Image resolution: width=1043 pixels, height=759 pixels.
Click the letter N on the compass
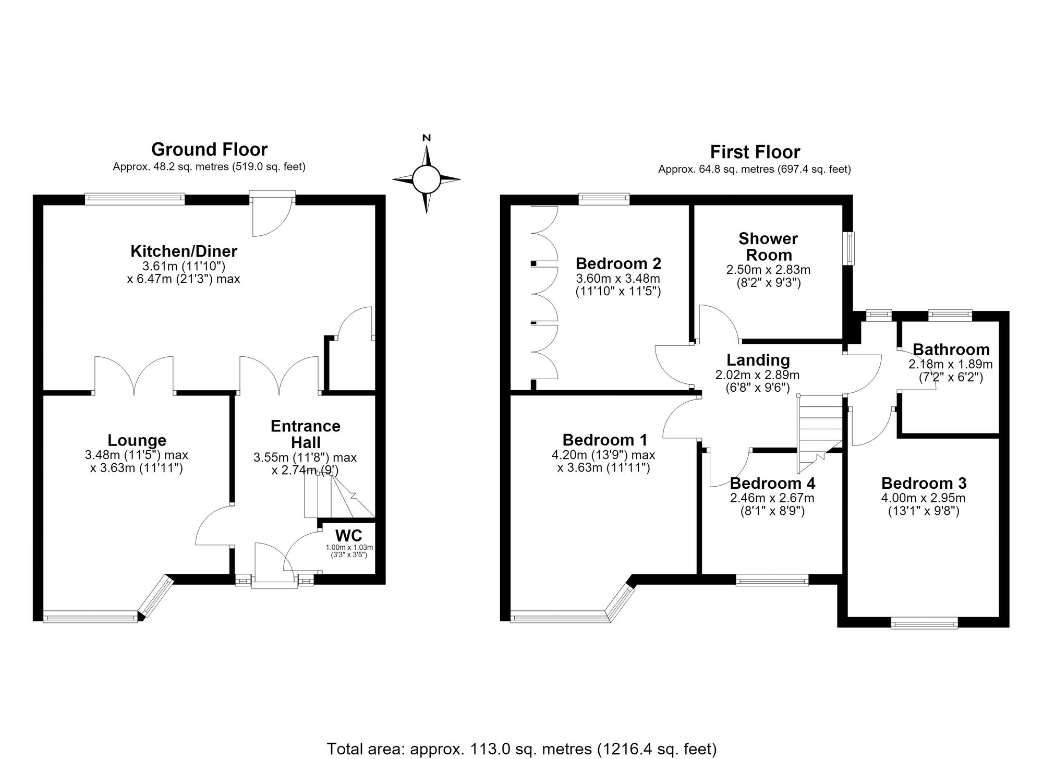[x=427, y=138]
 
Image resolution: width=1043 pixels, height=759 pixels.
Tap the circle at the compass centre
[x=427, y=179]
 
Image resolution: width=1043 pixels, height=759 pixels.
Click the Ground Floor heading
[x=209, y=150]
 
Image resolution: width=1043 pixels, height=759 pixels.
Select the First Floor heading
[x=755, y=152]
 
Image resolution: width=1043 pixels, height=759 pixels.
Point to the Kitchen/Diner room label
[x=184, y=251]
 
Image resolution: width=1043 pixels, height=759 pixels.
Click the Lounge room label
[x=137, y=441]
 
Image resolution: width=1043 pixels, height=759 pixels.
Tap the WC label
[x=349, y=536]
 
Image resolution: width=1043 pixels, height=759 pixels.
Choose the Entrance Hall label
[x=306, y=434]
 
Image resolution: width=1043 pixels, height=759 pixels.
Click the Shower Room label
[x=768, y=247]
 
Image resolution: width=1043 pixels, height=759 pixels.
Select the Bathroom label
[x=951, y=350]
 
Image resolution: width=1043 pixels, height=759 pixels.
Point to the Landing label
[x=758, y=360]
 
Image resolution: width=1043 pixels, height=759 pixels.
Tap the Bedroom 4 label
[x=772, y=483]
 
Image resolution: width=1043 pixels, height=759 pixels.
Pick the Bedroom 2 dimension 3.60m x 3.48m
[x=618, y=279]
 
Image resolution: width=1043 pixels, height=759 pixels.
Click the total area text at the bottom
[x=521, y=749]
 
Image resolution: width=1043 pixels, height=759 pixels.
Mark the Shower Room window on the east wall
[x=850, y=248]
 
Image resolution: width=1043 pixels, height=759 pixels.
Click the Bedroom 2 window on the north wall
[x=604, y=199]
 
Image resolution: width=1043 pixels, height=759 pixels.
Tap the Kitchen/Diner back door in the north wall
[x=272, y=214]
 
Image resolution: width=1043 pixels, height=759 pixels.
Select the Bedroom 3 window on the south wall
[x=924, y=622]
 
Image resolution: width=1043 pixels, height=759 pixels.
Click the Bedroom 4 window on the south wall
[x=772, y=580]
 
